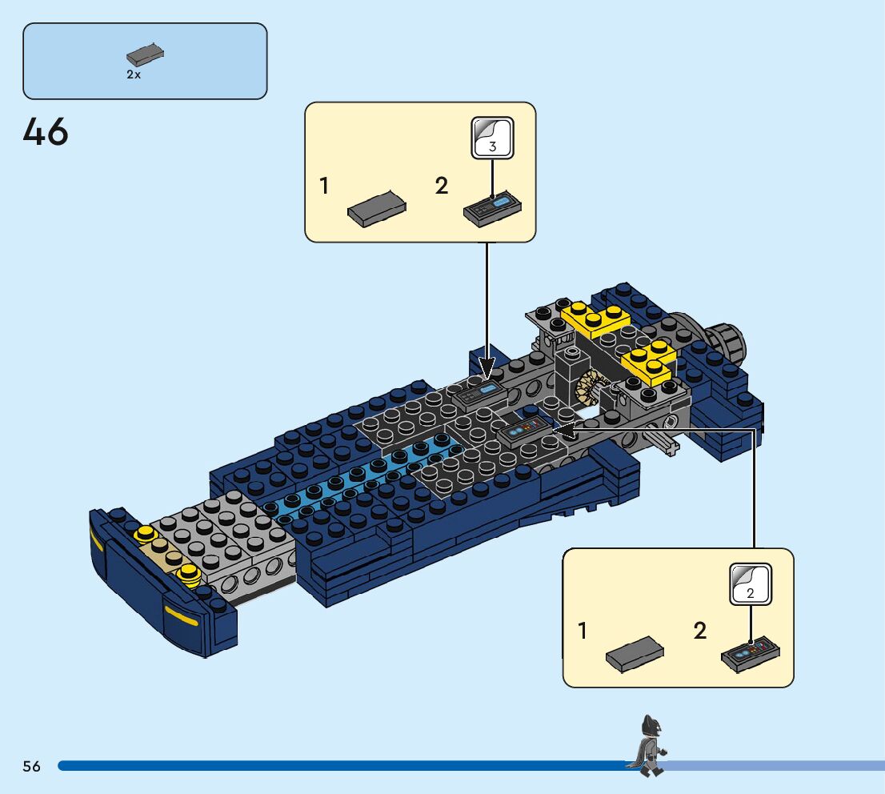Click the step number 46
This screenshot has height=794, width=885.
pos(46,132)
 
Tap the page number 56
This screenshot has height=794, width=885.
pos(31,766)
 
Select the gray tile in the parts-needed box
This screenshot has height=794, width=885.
pos(145,55)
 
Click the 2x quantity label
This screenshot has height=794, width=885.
pos(134,74)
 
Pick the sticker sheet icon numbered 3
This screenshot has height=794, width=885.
pos(491,137)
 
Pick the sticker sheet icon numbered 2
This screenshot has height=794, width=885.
pos(751,583)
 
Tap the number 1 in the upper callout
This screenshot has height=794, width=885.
pos(324,186)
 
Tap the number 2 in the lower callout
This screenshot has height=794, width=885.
pos(700,631)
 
